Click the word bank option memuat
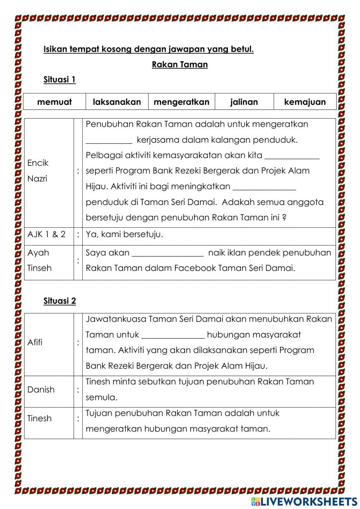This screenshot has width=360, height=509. point(54,102)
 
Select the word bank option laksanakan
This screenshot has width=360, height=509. point(117,102)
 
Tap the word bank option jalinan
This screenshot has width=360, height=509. point(244,102)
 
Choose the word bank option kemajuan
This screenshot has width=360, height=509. point(305,102)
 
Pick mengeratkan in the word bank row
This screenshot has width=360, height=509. point(181,102)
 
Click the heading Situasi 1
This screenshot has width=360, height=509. point(59,80)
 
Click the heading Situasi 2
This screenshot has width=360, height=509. point(59,301)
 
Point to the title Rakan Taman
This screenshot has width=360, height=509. point(180,64)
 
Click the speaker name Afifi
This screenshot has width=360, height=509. point(35,342)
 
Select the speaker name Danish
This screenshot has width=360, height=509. point(41,389)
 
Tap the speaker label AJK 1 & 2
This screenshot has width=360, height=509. point(46,234)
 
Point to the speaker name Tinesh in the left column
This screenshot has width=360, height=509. point(40,418)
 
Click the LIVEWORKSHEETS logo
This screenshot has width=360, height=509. point(304,501)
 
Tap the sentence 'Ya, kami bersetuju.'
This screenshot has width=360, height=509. point(124,234)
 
